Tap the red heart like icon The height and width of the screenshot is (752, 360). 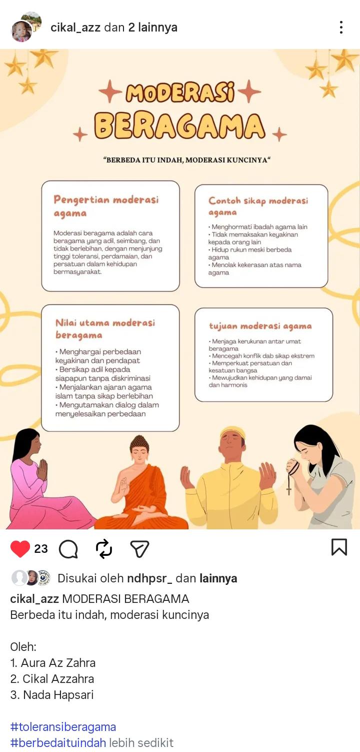[20, 549]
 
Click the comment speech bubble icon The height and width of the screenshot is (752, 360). [68, 549]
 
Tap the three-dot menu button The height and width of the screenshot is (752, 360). [341, 28]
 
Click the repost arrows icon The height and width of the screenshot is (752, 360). [104, 549]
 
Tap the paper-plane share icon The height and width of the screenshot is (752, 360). [139, 549]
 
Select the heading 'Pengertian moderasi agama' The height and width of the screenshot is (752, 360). [106, 206]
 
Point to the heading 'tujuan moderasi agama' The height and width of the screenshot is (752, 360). [260, 326]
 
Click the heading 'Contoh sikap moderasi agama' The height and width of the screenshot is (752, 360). [258, 206]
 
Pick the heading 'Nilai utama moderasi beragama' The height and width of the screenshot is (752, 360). [105, 329]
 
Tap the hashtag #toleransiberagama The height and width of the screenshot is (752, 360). [63, 726]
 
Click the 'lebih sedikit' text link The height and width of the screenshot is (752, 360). [141, 742]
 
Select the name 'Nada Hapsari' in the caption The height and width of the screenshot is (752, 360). [58, 694]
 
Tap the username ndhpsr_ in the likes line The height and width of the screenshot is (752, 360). [149, 578]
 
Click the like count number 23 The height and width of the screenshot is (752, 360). [41, 549]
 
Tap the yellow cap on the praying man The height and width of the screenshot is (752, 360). [232, 431]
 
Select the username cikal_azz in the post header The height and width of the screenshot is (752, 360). [76, 28]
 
